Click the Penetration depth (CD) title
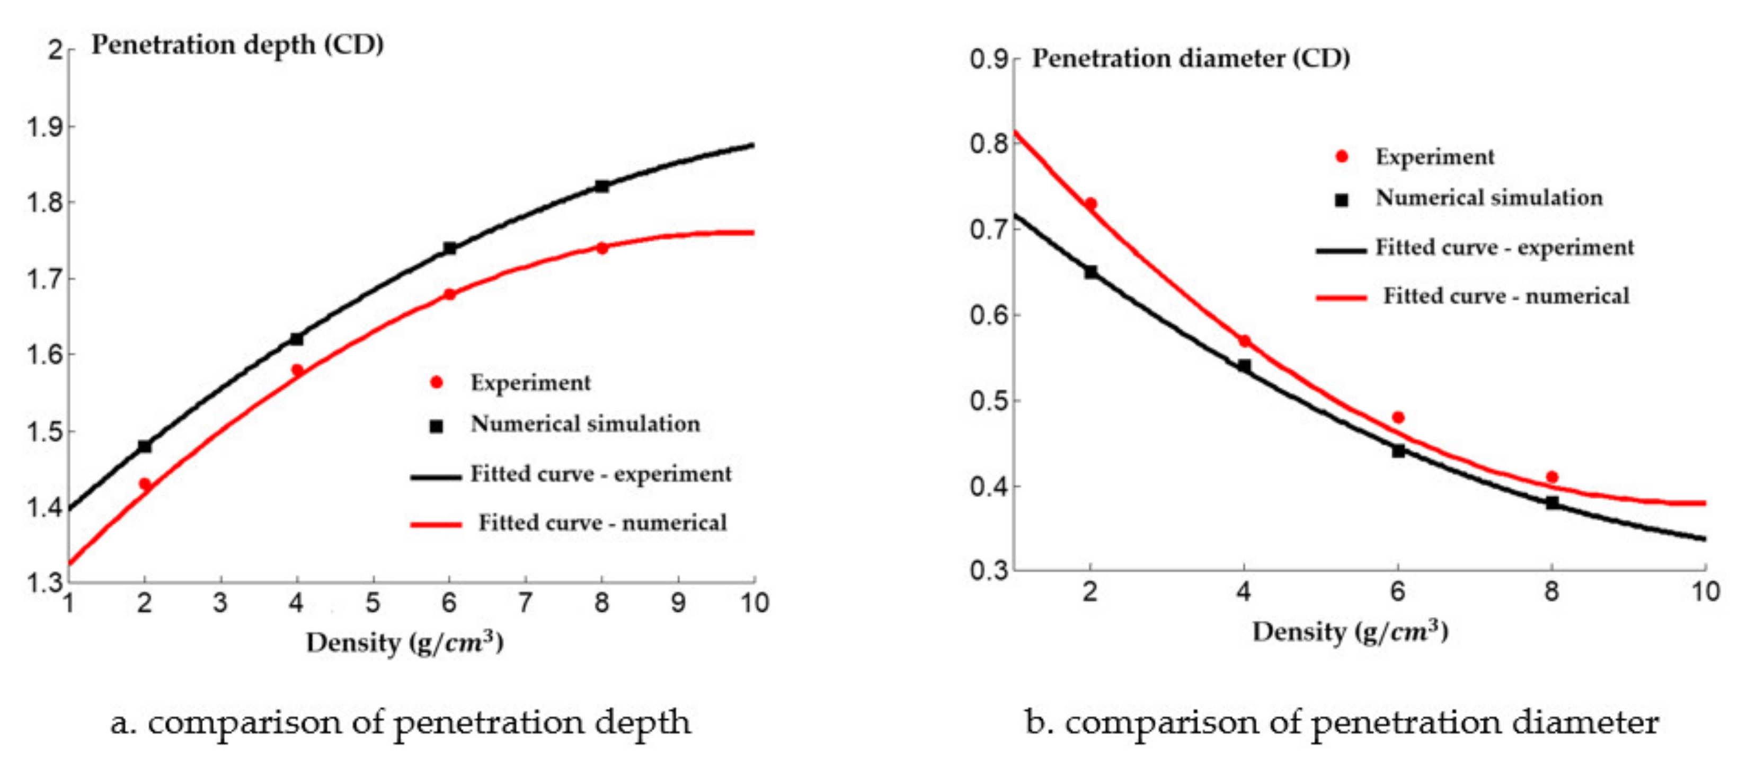pyautogui.click(x=237, y=45)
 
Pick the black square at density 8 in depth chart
pyautogui.click(x=602, y=186)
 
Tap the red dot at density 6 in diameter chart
pyautogui.click(x=1398, y=418)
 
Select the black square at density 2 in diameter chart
pyautogui.click(x=1090, y=272)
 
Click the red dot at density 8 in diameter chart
pyautogui.click(x=1552, y=477)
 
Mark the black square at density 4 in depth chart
pyautogui.click(x=296, y=339)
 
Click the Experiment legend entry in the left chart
pyautogui.click(x=530, y=383)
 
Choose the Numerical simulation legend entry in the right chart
pyautogui.click(x=1488, y=198)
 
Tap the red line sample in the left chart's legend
pyautogui.click(x=436, y=524)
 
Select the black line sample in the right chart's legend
pyautogui.click(x=1341, y=250)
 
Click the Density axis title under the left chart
pyautogui.click(x=405, y=642)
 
